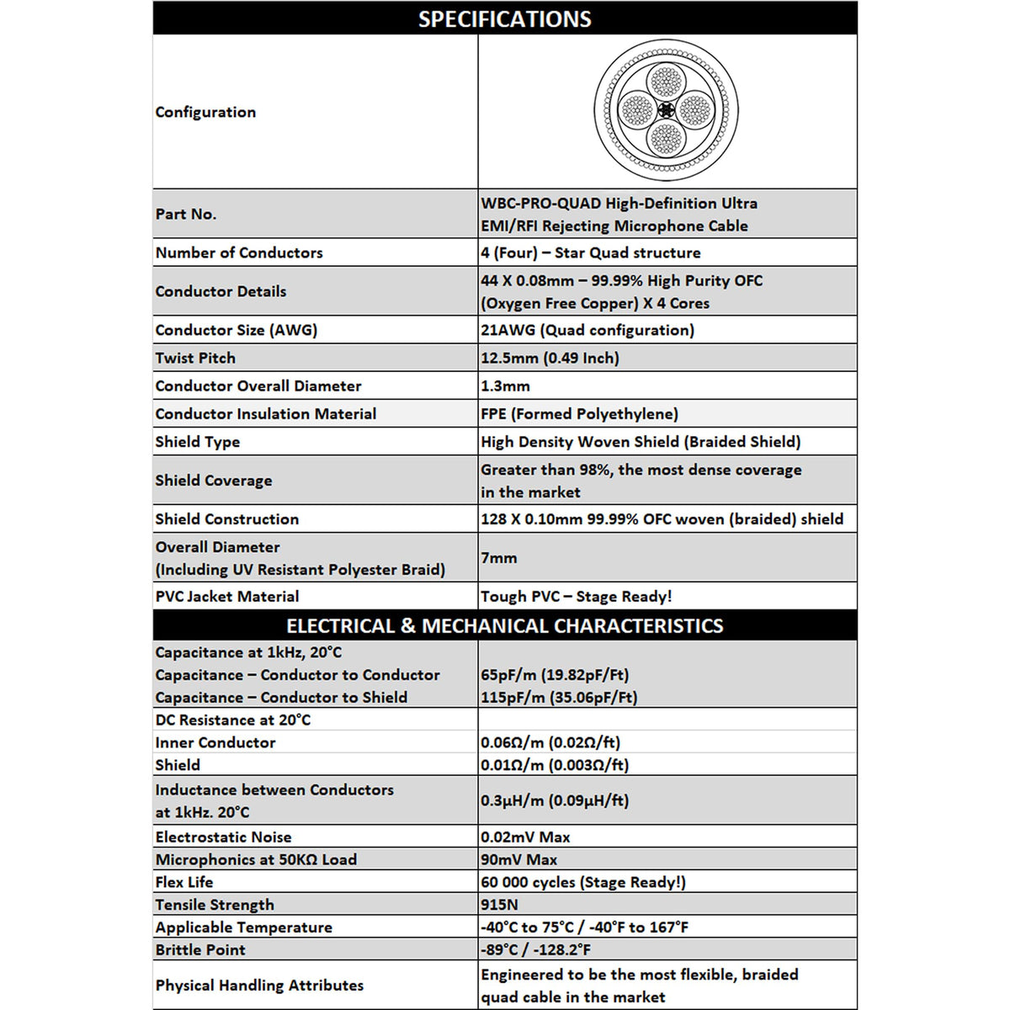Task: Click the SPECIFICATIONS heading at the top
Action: pos(504,19)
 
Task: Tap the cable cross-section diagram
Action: pos(666,110)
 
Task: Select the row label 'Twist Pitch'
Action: pos(195,358)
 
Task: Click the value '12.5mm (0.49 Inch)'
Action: pos(550,358)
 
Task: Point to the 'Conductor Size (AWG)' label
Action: pos(236,330)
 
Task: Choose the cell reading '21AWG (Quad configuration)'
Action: pos(587,330)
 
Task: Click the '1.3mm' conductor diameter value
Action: pos(505,385)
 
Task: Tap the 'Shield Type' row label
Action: pos(197,442)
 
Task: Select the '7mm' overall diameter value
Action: pos(499,557)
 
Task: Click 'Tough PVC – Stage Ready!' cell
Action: pos(576,596)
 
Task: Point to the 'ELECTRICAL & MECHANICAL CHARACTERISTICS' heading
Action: pos(504,625)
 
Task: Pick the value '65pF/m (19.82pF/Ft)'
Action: pos(555,674)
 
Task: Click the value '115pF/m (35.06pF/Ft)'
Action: pos(559,697)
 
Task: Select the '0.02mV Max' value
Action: pos(525,837)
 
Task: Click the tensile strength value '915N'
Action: pos(499,904)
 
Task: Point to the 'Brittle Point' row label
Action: pos(200,949)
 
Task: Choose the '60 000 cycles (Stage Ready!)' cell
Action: pos(583,882)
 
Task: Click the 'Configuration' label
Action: pos(205,112)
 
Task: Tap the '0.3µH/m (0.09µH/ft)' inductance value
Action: pos(555,800)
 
